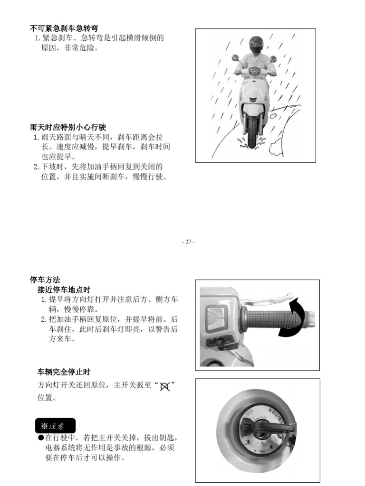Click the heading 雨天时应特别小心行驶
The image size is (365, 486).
click(x=67, y=128)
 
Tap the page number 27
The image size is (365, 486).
click(x=188, y=242)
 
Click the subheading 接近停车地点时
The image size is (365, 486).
click(x=64, y=290)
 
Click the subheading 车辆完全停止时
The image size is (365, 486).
click(x=64, y=372)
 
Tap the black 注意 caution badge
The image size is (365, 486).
click(x=55, y=426)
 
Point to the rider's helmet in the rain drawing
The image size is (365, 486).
click(x=256, y=43)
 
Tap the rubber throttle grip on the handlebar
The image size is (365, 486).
click(x=271, y=319)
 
